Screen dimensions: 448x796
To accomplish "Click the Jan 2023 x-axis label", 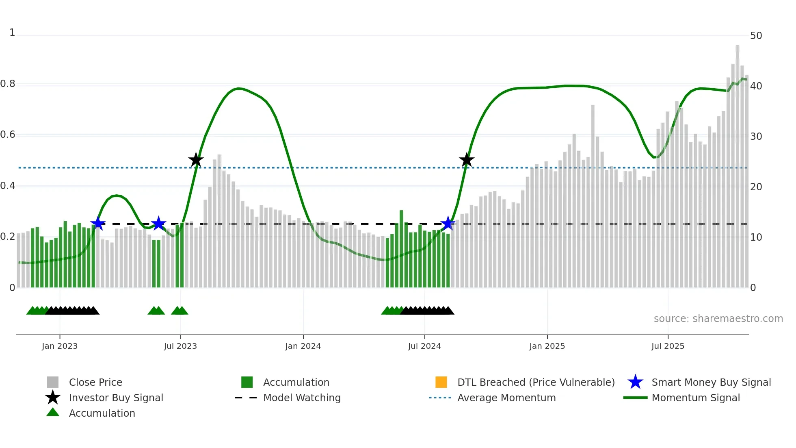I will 60,346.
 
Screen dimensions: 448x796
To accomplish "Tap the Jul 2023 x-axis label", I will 180,346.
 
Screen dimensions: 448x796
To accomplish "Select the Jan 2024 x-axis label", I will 303,346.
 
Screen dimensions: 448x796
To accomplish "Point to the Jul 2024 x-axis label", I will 424,346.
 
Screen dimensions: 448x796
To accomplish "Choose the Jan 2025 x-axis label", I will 547,346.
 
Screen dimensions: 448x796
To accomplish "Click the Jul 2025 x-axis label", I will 668,346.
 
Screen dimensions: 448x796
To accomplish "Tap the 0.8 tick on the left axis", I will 8,84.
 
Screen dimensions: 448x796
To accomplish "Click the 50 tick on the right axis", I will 756,36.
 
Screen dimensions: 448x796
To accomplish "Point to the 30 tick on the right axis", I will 756,137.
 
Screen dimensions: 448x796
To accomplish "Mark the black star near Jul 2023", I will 196,160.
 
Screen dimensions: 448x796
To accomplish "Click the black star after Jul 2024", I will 467,160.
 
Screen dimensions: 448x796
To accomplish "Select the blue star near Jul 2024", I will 448,224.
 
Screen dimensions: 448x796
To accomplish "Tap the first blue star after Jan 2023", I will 98,224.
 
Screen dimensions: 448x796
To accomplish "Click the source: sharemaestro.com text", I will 718,319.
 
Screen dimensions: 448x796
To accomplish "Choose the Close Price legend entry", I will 95,383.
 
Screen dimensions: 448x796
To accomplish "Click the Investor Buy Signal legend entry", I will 116,398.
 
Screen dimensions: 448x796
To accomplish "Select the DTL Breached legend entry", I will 536,383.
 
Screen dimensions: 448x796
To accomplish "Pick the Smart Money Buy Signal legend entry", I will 711,383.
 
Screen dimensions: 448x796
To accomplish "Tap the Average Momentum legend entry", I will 506,398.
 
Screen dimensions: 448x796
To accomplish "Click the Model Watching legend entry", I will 302,398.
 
